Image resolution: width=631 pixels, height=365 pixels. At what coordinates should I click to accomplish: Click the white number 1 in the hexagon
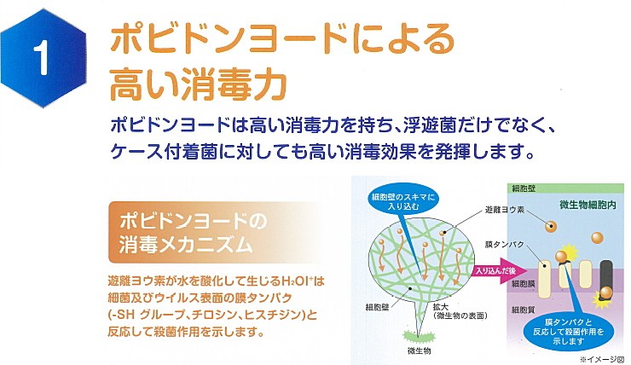click(42, 59)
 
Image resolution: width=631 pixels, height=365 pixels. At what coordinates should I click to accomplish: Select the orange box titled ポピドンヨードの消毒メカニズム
click(213, 232)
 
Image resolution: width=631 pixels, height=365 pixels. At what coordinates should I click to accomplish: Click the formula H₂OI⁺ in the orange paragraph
click(297, 280)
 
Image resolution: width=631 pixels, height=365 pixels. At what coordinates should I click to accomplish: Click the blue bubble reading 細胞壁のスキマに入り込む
click(403, 201)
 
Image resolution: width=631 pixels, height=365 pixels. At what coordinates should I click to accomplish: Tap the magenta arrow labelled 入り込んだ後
click(500, 271)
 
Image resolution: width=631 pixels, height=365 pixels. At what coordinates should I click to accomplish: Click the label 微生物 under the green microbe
click(419, 351)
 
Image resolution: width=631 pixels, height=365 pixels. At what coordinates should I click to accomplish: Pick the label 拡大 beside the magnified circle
click(440, 307)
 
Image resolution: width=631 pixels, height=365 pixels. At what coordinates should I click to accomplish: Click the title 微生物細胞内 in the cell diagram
click(588, 205)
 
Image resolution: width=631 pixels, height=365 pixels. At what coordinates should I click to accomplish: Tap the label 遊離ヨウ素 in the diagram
click(505, 210)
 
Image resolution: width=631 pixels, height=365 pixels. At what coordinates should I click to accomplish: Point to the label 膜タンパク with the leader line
click(504, 244)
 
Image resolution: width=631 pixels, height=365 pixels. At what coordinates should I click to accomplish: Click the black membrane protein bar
click(606, 280)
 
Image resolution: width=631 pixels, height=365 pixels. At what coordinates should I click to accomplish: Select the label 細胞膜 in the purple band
click(523, 284)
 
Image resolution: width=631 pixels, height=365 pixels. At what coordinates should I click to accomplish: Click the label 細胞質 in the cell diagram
click(523, 309)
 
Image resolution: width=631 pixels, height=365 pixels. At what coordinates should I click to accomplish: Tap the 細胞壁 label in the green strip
click(524, 188)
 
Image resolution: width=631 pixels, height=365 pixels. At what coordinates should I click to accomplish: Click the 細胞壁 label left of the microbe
click(377, 307)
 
